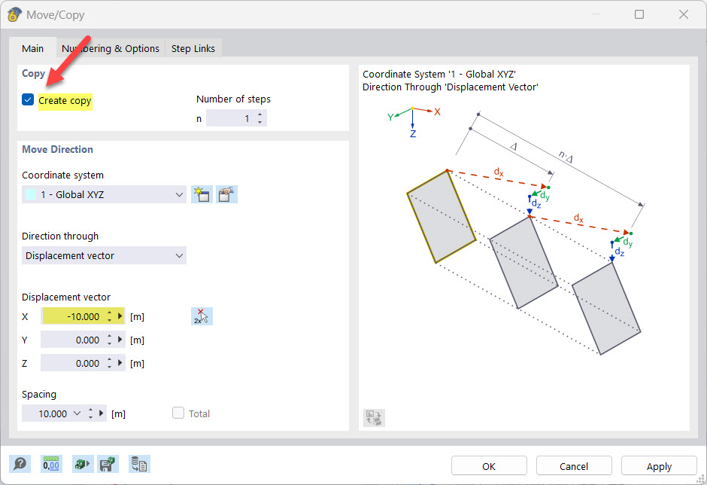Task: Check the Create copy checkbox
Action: (29, 100)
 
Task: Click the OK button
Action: (489, 466)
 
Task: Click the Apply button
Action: (659, 466)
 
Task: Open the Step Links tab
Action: (193, 48)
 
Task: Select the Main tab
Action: (33, 48)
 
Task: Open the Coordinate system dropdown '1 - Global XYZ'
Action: (104, 194)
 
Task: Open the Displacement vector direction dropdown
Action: (104, 255)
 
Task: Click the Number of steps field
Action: (230, 118)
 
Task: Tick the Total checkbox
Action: (178, 413)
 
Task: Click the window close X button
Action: (683, 14)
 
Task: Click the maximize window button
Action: (639, 14)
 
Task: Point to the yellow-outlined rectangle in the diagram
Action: (441, 217)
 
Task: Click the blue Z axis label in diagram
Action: (413, 133)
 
